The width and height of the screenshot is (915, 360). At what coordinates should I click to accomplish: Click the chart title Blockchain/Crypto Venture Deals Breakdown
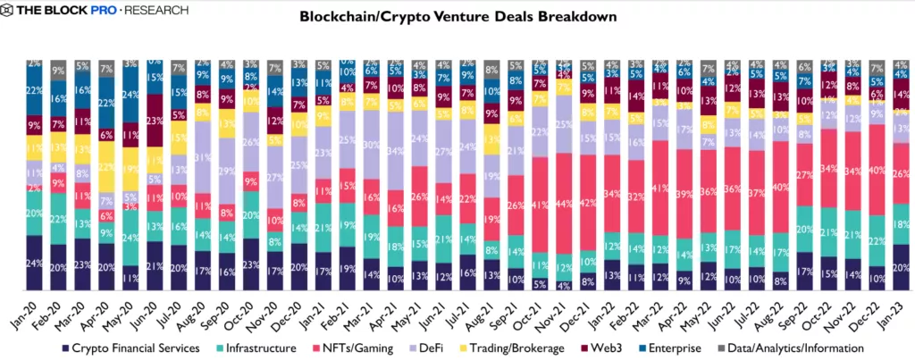(x=457, y=17)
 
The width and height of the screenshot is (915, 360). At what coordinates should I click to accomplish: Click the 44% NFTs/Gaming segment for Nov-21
(x=565, y=205)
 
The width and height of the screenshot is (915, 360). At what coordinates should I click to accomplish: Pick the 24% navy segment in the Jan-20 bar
(x=35, y=263)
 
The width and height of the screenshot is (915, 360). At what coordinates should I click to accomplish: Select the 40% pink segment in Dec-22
(x=877, y=169)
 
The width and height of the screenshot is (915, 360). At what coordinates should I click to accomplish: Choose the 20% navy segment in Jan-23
(x=901, y=266)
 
